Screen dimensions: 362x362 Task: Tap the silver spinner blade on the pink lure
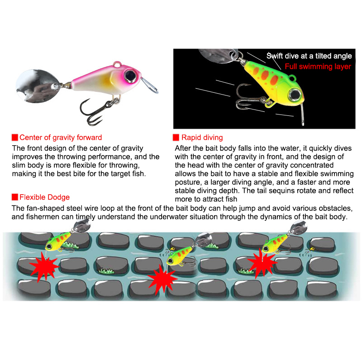tap(37, 86)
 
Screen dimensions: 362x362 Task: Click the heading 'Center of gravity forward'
tap(61, 138)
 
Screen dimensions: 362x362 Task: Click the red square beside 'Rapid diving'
tap(176, 138)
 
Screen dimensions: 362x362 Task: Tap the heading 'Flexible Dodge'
tap(44, 197)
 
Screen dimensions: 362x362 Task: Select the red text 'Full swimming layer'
tap(318, 67)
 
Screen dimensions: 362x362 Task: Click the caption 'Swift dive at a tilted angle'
tap(309, 56)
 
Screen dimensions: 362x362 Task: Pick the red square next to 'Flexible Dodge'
tap(15, 197)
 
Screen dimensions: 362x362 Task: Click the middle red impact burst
tap(162, 279)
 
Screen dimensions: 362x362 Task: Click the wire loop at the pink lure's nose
tap(149, 86)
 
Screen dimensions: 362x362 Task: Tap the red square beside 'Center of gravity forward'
tap(15, 138)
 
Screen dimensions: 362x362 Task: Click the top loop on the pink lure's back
tap(117, 63)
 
